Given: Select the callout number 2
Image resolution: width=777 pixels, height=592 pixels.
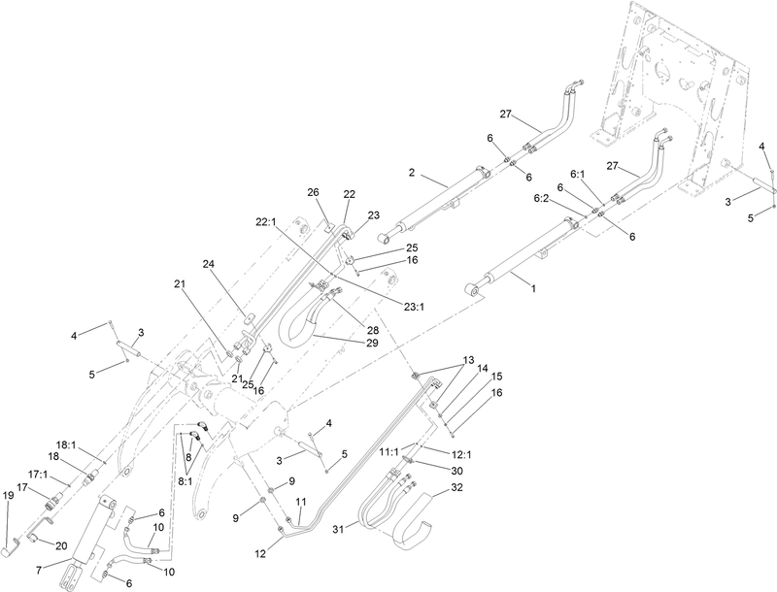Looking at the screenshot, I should (412, 173).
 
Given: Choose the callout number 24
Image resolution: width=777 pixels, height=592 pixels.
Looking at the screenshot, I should (208, 264).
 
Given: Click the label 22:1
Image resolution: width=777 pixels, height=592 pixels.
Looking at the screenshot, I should (265, 221).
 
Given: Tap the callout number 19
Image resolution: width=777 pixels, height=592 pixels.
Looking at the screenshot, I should (9, 495).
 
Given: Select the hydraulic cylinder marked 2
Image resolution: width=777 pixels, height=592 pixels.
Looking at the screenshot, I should (432, 200).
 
